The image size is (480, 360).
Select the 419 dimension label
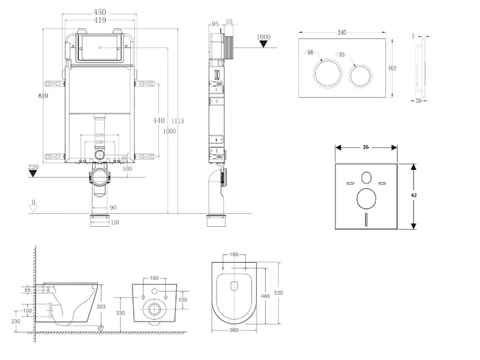[100, 20]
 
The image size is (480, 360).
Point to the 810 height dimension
[42, 95]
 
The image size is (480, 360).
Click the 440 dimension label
[158, 121]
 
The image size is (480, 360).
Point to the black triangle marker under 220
[34, 174]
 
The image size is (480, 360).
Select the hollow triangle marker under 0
[34, 208]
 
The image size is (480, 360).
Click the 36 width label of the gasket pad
[365, 146]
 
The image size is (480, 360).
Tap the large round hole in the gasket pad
[366, 198]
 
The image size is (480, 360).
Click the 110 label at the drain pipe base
[115, 223]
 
